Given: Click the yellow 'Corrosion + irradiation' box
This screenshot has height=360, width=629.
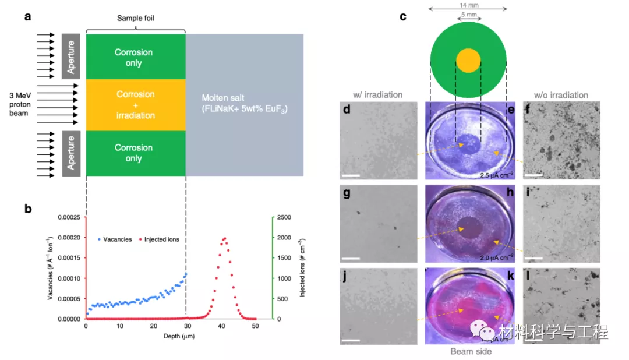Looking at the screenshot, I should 135,105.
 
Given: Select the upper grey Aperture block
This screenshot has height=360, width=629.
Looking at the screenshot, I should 70,56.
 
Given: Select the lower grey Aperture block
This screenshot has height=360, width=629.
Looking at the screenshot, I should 70,153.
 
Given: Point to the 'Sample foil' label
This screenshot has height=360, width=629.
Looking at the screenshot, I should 136,19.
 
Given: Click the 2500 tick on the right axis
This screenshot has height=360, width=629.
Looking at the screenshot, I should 284,217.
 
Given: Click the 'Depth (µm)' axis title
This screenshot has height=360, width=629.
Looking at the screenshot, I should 171,336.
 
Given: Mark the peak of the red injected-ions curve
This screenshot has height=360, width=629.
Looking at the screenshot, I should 223,238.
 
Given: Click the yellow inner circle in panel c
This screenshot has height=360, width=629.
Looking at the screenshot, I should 468,61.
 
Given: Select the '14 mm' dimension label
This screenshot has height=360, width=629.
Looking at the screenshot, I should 468,6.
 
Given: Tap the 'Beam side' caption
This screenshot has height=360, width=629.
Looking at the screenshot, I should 471,351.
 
